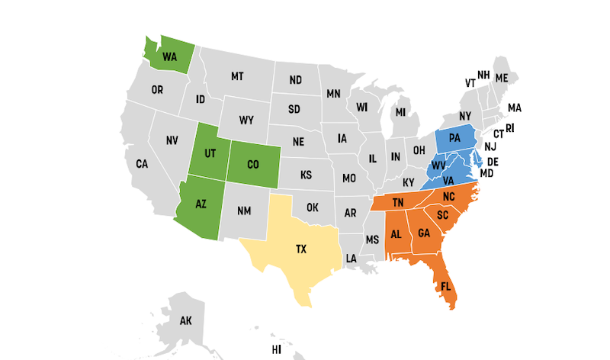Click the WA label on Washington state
pyautogui.click(x=169, y=56)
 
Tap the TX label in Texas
pyautogui.click(x=301, y=249)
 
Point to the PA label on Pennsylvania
pyautogui.click(x=455, y=138)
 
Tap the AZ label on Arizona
pyautogui.click(x=201, y=205)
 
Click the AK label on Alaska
pyautogui.click(x=185, y=320)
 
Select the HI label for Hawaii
pyautogui.click(x=277, y=350)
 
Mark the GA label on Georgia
pyautogui.click(x=425, y=233)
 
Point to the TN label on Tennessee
pyautogui.click(x=398, y=203)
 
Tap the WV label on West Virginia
pyautogui.click(x=439, y=165)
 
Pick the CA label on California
pyautogui.click(x=142, y=164)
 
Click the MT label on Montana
pyautogui.click(x=237, y=76)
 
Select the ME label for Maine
pyautogui.click(x=502, y=78)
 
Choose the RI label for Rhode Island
pyautogui.click(x=510, y=127)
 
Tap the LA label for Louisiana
pyautogui.click(x=352, y=259)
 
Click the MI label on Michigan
pyautogui.click(x=400, y=112)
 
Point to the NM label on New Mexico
pyautogui.click(x=244, y=211)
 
